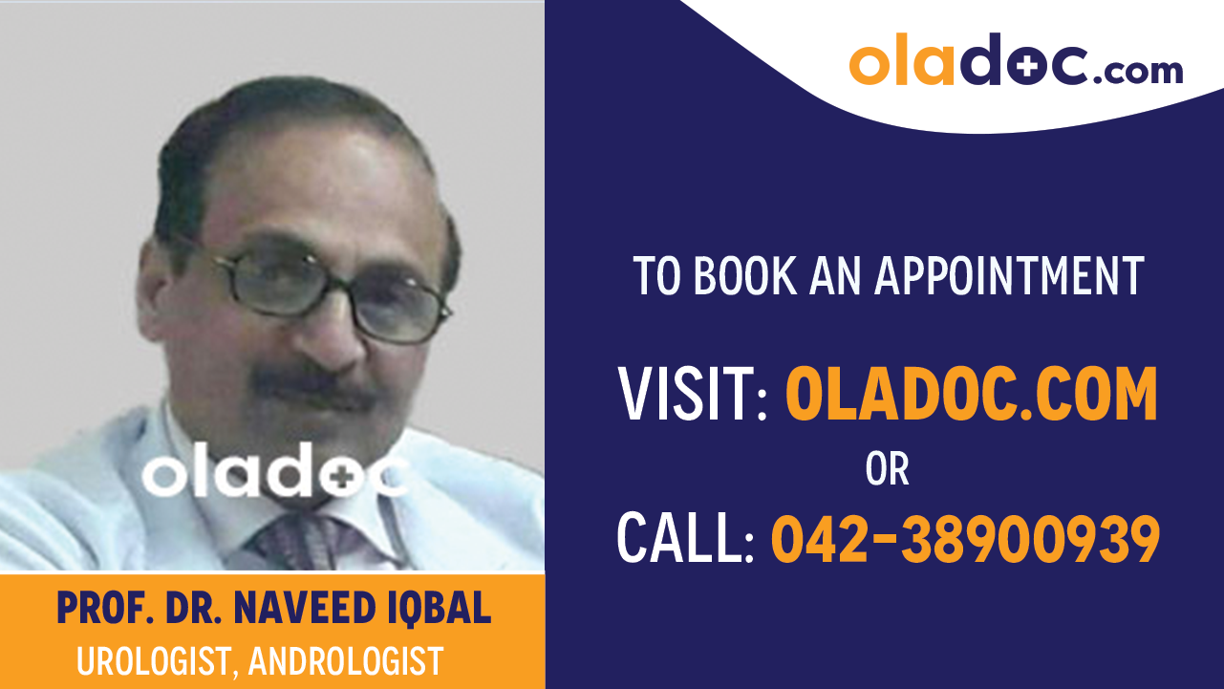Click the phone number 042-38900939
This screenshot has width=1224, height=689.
coord(965,539)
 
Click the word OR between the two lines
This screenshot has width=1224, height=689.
coord(888,469)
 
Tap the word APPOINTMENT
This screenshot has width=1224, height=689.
coord(1009,276)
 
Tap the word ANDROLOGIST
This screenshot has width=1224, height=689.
coord(346,661)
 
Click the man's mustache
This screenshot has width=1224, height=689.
coord(315,386)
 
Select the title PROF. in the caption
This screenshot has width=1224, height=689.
coord(92,608)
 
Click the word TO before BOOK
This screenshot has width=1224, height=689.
coord(657,276)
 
